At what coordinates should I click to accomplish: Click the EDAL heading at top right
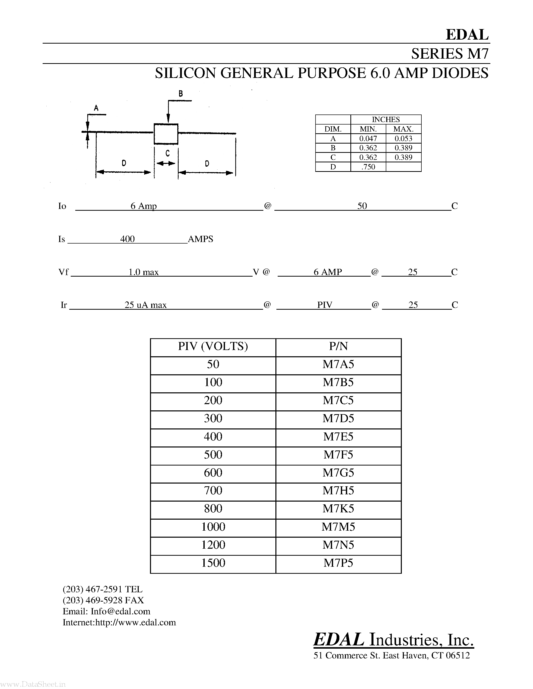coord(467,35)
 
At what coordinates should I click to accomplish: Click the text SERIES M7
coord(450,54)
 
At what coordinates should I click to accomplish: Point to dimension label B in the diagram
coord(181,93)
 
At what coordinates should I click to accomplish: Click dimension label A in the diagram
coord(96,108)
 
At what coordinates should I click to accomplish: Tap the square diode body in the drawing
coord(166,134)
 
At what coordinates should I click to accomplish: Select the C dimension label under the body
coord(167,153)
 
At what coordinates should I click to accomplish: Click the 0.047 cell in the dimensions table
coord(368,139)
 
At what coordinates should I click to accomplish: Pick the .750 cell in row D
coord(368,167)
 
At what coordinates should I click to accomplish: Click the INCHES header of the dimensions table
coord(386,120)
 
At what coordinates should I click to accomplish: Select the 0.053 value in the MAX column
coord(403,139)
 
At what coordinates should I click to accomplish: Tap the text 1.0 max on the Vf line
coord(143,272)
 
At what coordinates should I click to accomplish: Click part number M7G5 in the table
coord(338,473)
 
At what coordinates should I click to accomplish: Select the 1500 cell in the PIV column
coord(213,563)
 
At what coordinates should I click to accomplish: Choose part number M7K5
coord(338,509)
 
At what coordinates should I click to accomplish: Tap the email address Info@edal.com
coord(120,611)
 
